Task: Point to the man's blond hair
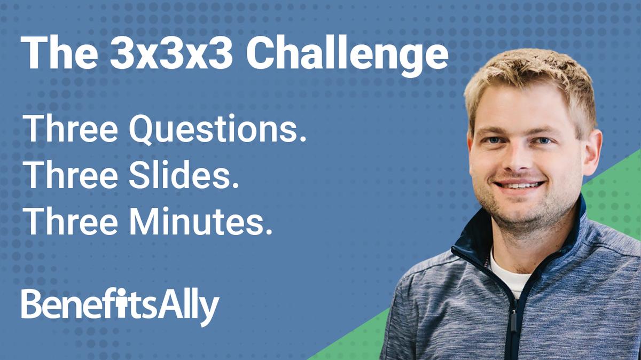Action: [529, 80]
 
